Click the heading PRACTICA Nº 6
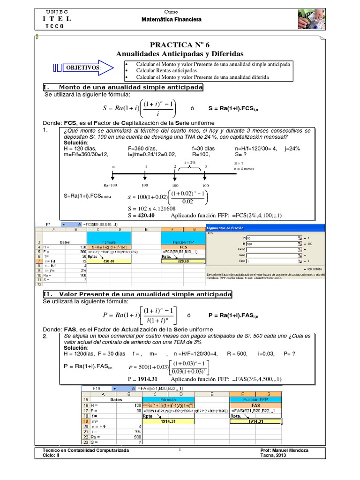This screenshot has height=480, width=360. point(180,45)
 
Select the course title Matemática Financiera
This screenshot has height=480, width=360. point(171,20)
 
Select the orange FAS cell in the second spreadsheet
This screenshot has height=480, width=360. point(256,405)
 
